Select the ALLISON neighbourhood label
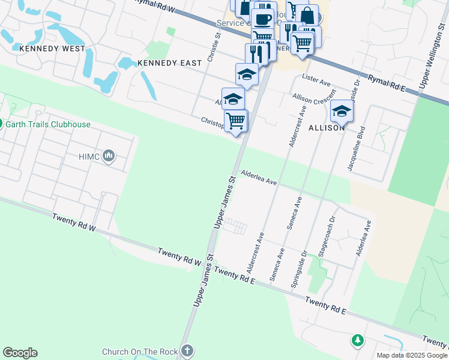pyautogui.click(x=327, y=128)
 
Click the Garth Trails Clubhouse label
pyautogui.click(x=49, y=125)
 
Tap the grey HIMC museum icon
pyautogui.click(x=109, y=157)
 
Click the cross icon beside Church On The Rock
pyautogui.click(x=187, y=351)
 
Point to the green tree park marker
pyautogui.click(x=357, y=341)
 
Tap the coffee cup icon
pyautogui.click(x=262, y=19)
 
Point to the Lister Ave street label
pyautogui.click(x=316, y=79)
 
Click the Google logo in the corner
pyautogui.click(x=20, y=353)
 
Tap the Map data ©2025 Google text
pyautogui.click(x=412, y=355)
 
